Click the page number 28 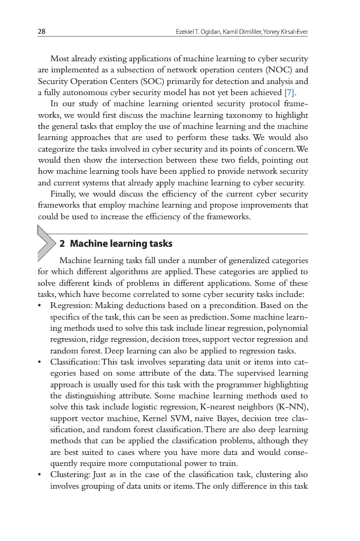point(41,32)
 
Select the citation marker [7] point(290,93)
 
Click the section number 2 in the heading point(62,244)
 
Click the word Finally point(64,194)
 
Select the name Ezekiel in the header point(185,32)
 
